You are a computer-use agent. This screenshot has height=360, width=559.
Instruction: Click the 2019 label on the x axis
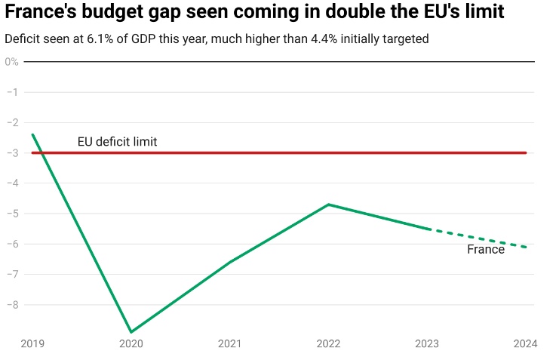coord(33,343)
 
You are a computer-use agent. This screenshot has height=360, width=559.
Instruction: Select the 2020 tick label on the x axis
coord(131,343)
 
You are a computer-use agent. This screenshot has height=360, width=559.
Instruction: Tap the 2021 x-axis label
coord(229,343)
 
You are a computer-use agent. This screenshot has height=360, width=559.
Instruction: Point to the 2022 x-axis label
coord(328,343)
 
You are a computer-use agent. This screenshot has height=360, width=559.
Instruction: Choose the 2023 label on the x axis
coord(427,343)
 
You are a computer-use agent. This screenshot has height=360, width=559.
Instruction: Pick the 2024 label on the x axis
coord(525,343)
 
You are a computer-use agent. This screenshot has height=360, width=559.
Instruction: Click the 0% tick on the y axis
coord(11,61)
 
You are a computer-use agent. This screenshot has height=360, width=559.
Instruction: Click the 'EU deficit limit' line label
coord(117,141)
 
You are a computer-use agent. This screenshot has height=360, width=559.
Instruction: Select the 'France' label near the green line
coord(486,249)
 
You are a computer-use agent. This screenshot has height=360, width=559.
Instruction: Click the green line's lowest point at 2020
coord(131,332)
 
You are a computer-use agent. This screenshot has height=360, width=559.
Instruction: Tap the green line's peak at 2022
coord(328,205)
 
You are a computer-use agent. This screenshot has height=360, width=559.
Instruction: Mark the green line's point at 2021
coord(229,262)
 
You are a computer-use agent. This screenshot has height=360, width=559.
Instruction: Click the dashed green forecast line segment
coord(477,238)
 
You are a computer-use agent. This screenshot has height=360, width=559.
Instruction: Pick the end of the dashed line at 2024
coord(526,247)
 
